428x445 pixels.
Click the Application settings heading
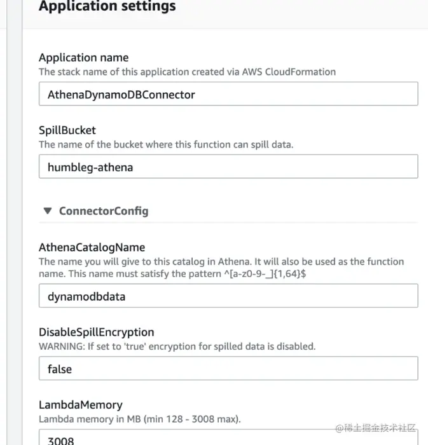[x=107, y=7]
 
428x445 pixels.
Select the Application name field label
[x=83, y=58]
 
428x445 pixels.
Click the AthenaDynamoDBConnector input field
[x=228, y=94]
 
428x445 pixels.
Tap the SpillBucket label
[x=67, y=130]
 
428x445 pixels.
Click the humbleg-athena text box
[x=228, y=167]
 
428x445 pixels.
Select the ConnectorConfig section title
[x=104, y=210]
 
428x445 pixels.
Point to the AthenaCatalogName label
[x=92, y=247]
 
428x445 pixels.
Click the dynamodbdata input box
[x=228, y=296]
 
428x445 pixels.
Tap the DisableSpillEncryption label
[x=96, y=332]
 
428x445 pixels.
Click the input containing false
[x=228, y=369]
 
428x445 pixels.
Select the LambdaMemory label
[x=80, y=405]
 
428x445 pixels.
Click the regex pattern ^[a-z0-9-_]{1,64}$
[x=277, y=273]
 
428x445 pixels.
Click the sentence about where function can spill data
[x=165, y=144]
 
